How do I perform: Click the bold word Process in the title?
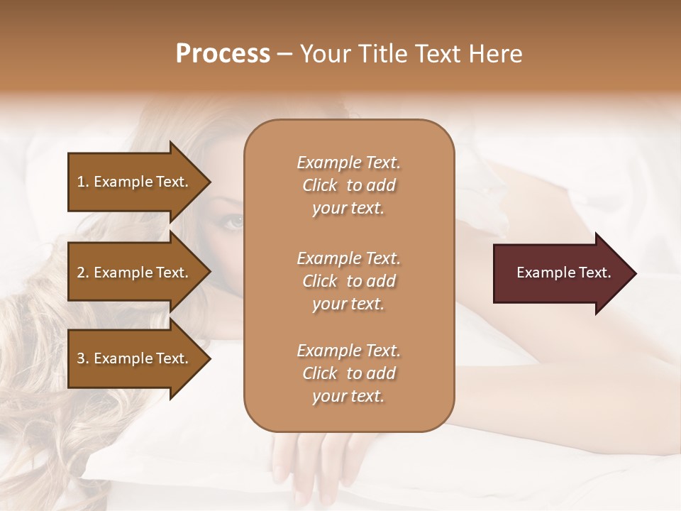coord(222,54)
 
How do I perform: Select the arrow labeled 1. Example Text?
coord(135,182)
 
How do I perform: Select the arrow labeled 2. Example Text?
coord(135,273)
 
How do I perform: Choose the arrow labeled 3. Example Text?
coord(135,358)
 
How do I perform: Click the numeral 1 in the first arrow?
coord(80,182)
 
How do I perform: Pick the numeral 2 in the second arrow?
coord(80,273)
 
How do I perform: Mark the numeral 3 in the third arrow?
coord(80,358)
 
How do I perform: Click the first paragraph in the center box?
coord(348,185)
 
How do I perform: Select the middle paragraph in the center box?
coord(348,281)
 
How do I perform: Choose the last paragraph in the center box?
coord(348,373)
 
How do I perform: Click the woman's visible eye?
coord(232,221)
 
